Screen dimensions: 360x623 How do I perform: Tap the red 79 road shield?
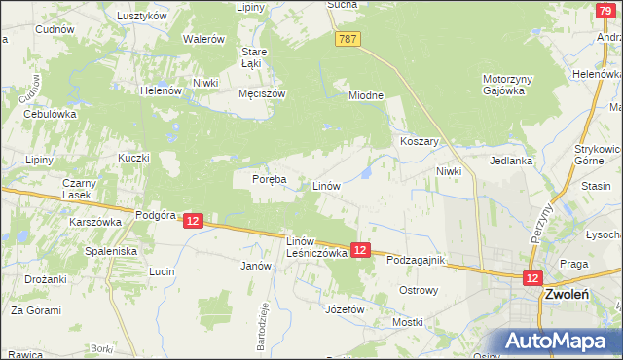pyautogui.click(x=605, y=9)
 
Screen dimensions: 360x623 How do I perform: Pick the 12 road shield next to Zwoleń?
pyautogui.click(x=532, y=278)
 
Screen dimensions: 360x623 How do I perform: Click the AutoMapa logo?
pyautogui.click(x=559, y=342)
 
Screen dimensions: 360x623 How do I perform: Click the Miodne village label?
pyautogui.click(x=367, y=95)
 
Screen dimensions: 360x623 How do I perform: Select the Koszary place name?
pyautogui.click(x=421, y=141)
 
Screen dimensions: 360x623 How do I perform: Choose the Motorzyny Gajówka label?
pyautogui.click(x=503, y=85)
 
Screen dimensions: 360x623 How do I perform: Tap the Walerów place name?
pyautogui.click(x=204, y=39)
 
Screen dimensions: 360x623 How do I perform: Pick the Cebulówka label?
pyautogui.click(x=50, y=113)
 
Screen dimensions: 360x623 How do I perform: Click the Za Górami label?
pyautogui.click(x=36, y=310)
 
